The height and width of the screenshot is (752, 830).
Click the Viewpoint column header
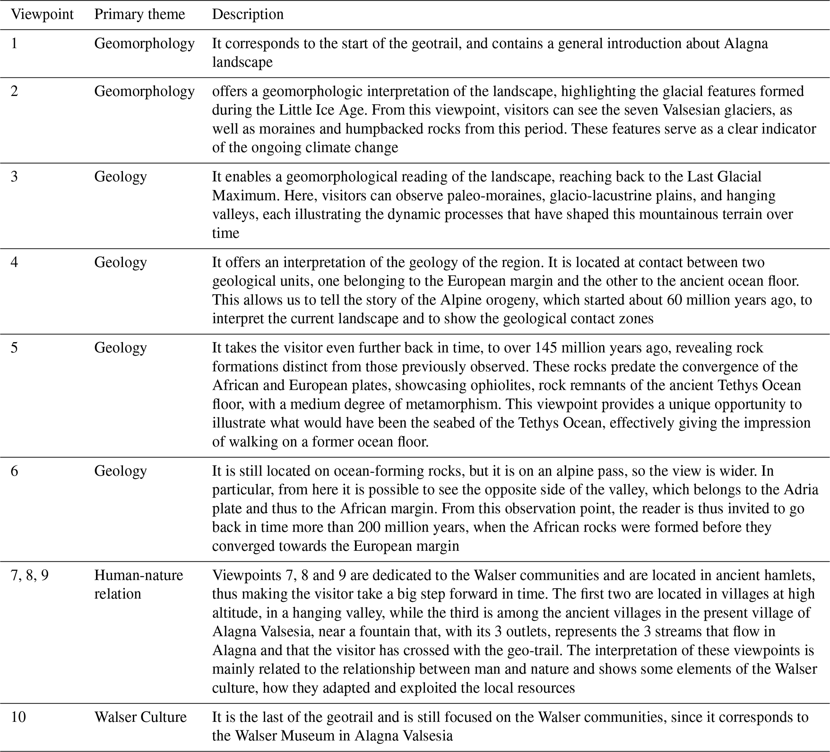(x=42, y=14)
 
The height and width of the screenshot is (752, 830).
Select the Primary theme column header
(x=140, y=14)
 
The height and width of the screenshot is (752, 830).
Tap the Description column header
(x=248, y=14)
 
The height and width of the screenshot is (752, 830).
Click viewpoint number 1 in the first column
(x=14, y=43)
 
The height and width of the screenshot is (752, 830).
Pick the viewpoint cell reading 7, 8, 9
(x=30, y=575)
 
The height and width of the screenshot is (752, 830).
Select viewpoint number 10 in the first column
(x=18, y=717)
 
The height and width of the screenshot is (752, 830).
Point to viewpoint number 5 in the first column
(x=14, y=348)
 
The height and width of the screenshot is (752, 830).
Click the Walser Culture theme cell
(x=141, y=717)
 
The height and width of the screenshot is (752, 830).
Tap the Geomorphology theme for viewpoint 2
(x=144, y=91)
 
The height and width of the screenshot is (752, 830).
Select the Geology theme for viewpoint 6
(x=120, y=471)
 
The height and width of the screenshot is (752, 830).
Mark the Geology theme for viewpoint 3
(x=120, y=177)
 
